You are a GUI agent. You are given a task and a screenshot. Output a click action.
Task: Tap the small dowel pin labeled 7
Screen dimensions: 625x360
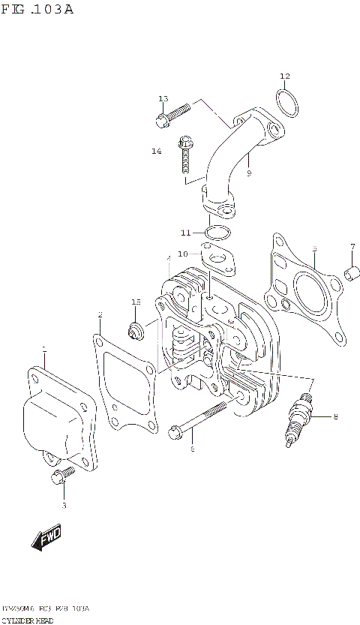click(x=349, y=277)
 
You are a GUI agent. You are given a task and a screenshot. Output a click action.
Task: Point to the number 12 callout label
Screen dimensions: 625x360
click(x=284, y=76)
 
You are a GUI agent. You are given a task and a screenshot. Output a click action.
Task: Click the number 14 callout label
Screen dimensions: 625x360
click(x=156, y=151)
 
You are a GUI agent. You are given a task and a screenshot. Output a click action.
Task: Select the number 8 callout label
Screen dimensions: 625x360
click(x=335, y=416)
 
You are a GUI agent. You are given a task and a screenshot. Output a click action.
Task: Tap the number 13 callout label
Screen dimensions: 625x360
click(x=163, y=99)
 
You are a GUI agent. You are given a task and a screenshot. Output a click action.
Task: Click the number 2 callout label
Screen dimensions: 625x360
click(x=99, y=315)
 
